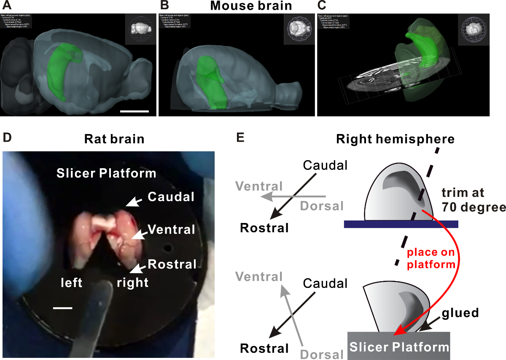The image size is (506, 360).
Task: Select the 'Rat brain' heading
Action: pyautogui.click(x=114, y=139)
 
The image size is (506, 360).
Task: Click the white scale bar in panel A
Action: pyautogui.click(x=135, y=111)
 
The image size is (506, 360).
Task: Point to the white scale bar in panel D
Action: pyautogui.click(x=63, y=308)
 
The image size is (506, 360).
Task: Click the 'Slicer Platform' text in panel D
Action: pyautogui.click(x=106, y=173)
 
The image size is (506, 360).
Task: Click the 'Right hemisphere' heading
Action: pyautogui.click(x=395, y=139)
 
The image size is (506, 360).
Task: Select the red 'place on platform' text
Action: pyautogui.click(x=431, y=259)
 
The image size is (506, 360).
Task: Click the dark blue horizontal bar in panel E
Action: pyautogui.click(x=401, y=224)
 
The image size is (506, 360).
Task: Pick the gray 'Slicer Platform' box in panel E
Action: pyautogui.click(x=398, y=347)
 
